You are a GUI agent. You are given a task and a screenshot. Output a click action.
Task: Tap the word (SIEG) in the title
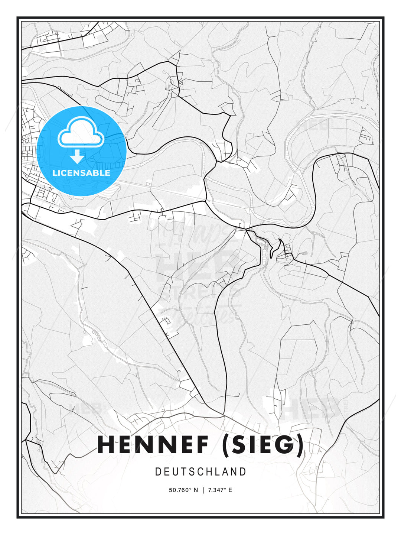(x=263, y=445)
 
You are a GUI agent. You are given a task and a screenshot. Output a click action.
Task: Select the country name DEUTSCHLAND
(x=200, y=472)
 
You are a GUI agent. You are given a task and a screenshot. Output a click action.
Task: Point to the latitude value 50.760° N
(x=183, y=490)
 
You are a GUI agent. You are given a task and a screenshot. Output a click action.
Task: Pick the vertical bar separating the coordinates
(x=203, y=490)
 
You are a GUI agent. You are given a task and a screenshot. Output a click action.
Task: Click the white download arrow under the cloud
(x=77, y=156)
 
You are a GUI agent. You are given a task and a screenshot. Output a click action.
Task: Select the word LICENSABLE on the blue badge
(x=81, y=173)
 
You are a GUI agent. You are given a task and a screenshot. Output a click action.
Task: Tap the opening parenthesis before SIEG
(x=226, y=445)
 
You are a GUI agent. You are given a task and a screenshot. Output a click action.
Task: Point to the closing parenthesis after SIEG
(x=300, y=445)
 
